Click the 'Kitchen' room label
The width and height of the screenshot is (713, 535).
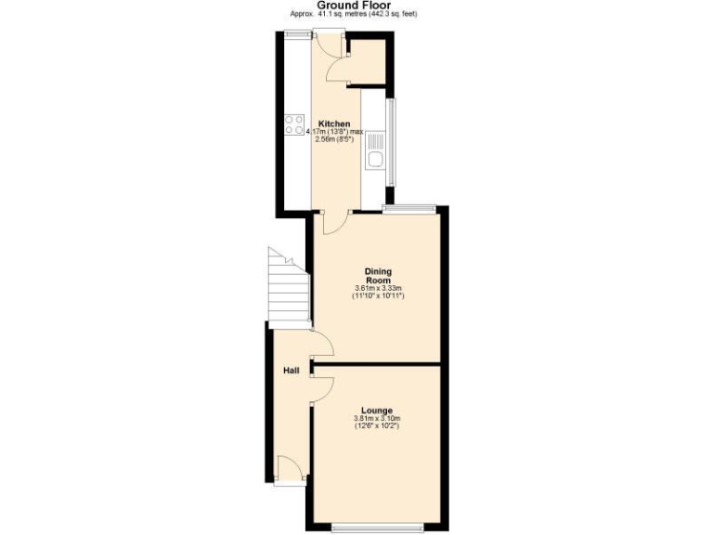334,124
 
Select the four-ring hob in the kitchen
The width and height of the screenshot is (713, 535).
294,124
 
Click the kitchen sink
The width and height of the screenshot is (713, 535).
375,150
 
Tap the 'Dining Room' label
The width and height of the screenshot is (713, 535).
377,275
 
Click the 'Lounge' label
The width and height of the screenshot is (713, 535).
377,411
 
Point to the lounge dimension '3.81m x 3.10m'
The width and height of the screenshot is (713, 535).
377,420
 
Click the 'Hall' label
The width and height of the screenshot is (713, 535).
291,372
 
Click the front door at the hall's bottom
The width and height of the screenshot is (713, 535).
290,469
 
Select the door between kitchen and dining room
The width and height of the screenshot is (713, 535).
335,221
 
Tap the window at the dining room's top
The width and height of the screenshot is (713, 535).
409,209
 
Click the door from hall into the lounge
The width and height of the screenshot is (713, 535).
320,388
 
